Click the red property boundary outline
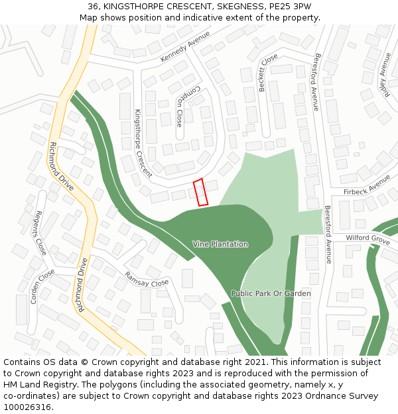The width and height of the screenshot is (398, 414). click(x=200, y=191)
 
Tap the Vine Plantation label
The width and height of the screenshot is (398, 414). click(x=220, y=244)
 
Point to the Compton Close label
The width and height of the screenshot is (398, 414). click(x=179, y=107)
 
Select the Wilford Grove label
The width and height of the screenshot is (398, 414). click(x=367, y=238)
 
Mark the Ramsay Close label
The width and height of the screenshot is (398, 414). click(x=147, y=279)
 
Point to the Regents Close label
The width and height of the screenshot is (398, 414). click(x=40, y=233)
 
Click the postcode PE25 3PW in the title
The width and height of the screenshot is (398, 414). click(x=289, y=7)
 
